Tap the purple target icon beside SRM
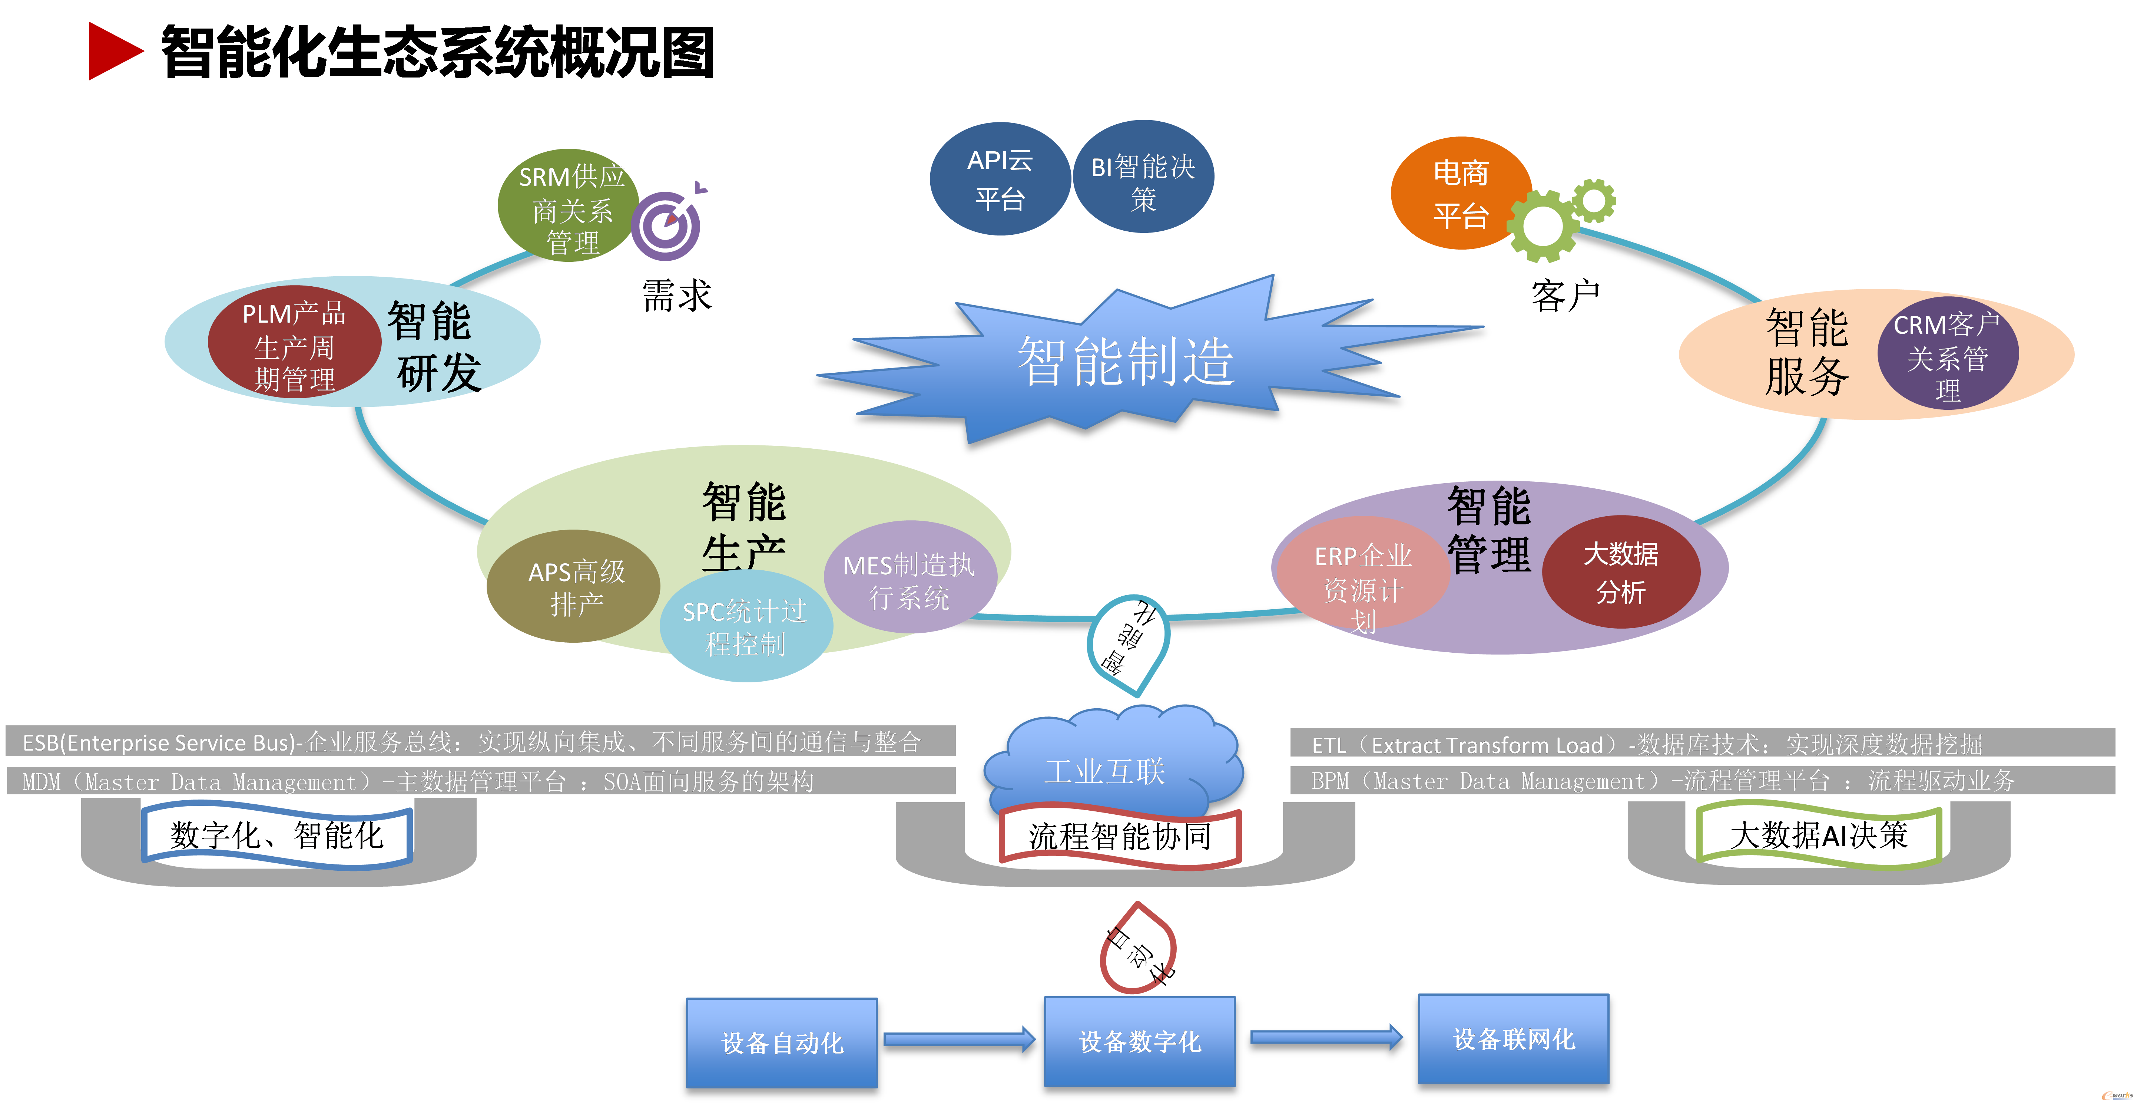coord(666,224)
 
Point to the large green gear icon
coord(1541,226)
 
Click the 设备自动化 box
coord(782,1042)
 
